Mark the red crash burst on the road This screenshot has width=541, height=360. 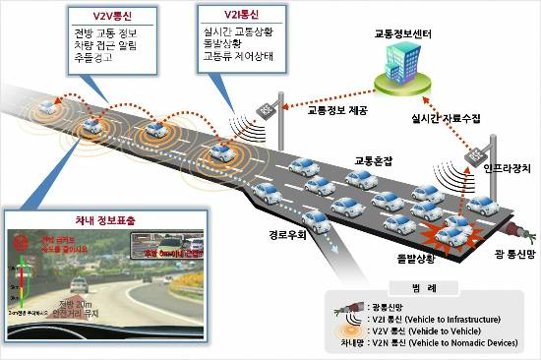tap(448, 233)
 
